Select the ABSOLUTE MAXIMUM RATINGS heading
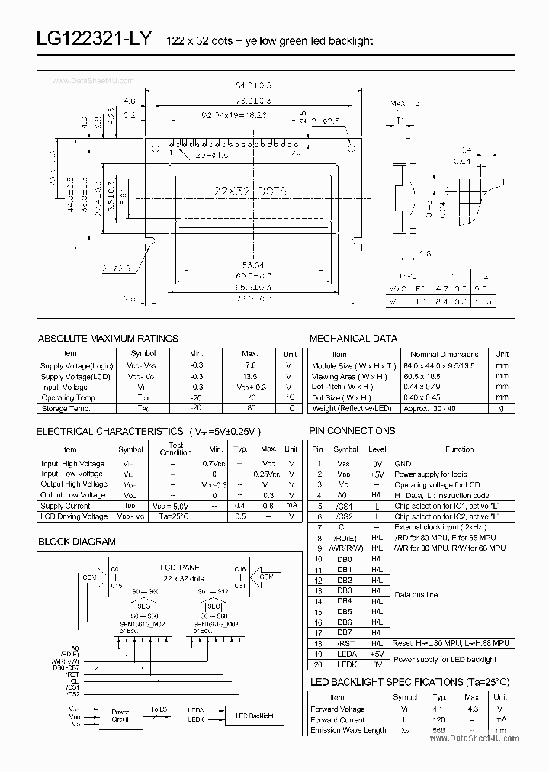108,338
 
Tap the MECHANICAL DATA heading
353,338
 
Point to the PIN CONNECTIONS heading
352,431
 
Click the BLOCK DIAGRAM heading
76,542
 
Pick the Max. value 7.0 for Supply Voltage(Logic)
250,366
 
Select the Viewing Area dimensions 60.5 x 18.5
445,377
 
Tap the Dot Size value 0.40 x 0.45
445,397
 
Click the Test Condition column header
175,449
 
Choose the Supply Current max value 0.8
268,506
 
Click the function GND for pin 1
402,463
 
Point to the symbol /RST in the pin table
345,644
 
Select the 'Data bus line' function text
416,595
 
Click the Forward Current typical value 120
438,719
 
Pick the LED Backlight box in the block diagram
255,716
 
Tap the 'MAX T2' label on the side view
405,103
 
